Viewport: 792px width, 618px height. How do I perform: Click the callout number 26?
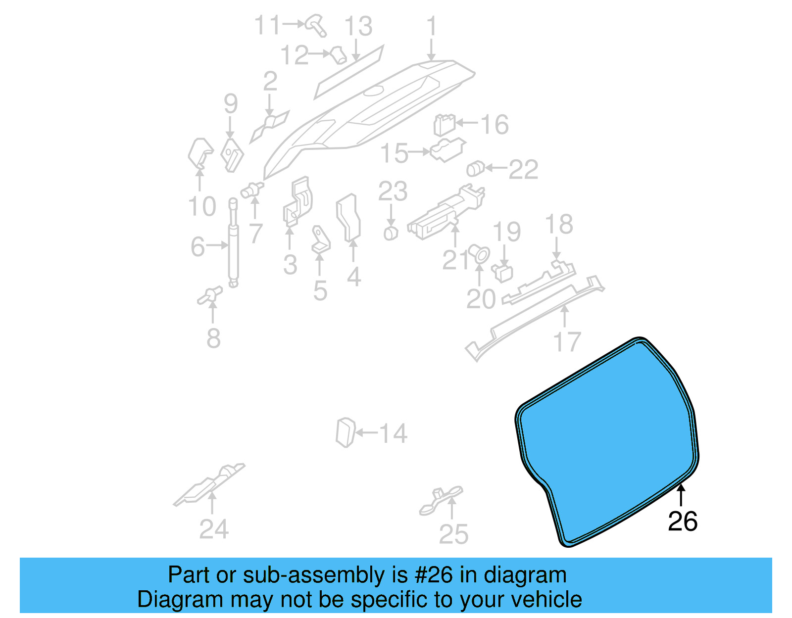tap(683, 522)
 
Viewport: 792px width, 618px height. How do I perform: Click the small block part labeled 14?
tap(345, 432)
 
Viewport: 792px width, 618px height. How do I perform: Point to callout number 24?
tap(214, 529)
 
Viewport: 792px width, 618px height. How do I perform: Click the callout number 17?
tap(567, 342)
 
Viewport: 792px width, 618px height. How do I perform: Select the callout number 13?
tap(358, 26)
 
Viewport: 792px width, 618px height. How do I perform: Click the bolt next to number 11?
tap(316, 25)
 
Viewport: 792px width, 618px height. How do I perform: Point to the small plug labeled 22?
tap(475, 169)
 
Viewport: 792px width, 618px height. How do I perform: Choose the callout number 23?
tap(393, 191)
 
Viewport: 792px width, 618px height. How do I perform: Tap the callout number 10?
tap(202, 206)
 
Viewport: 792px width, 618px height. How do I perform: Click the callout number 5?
tap(320, 291)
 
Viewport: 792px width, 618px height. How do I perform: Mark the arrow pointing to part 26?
tap(681, 495)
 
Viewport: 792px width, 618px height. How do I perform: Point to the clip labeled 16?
tap(444, 124)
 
